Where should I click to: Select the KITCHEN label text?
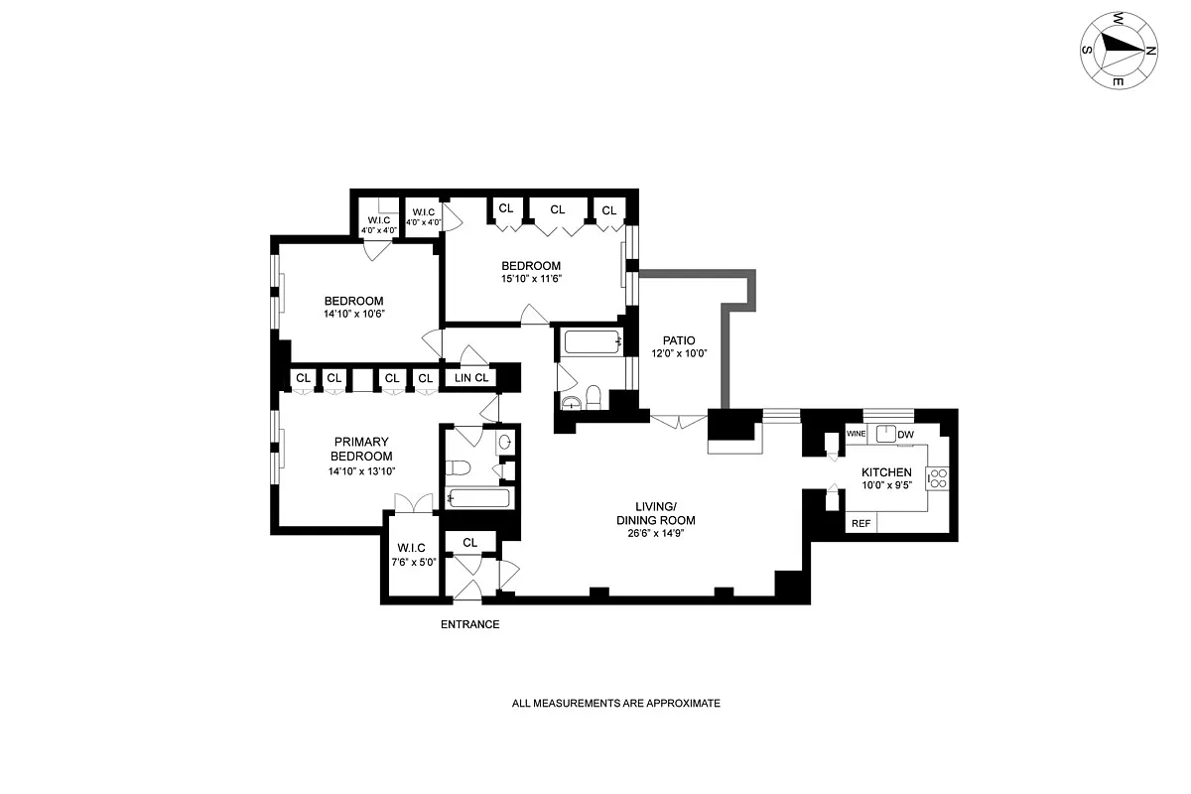click(x=886, y=472)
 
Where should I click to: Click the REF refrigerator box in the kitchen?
click(x=860, y=523)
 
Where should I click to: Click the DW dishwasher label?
click(x=905, y=435)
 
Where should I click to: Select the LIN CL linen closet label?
click(x=471, y=378)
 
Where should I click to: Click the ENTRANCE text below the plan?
click(x=469, y=625)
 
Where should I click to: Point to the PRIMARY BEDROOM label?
click(x=361, y=449)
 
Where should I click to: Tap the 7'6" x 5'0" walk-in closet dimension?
click(x=412, y=562)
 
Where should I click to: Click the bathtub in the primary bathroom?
click(x=479, y=498)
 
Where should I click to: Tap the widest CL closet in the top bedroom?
click(x=557, y=209)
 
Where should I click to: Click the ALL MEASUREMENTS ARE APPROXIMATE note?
click(x=615, y=704)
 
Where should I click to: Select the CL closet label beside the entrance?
click(x=470, y=543)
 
